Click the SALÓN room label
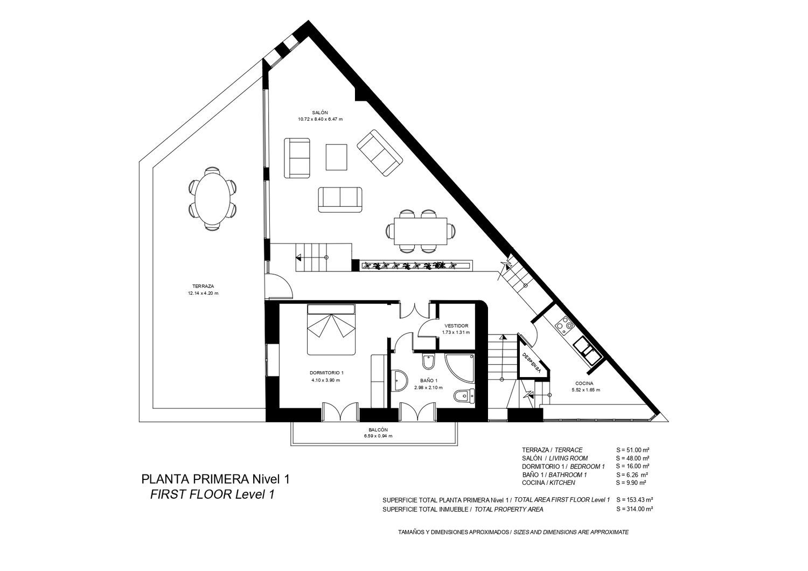tap(320, 113)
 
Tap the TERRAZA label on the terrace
tap(203, 287)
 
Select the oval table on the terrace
tap(213, 198)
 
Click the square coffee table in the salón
tap(336, 157)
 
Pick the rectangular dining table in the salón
tap(421, 231)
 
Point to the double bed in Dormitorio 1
tap(331, 329)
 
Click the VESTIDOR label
tap(456, 326)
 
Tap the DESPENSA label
tap(531, 363)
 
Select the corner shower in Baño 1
tap(460, 368)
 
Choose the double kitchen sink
tap(587, 350)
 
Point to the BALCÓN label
tap(378, 430)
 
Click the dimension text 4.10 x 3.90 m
tap(325, 380)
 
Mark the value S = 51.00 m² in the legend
tap(633, 450)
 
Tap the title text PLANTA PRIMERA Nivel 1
tap(215, 479)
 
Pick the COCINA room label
tap(584, 384)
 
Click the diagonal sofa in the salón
tap(379, 152)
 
